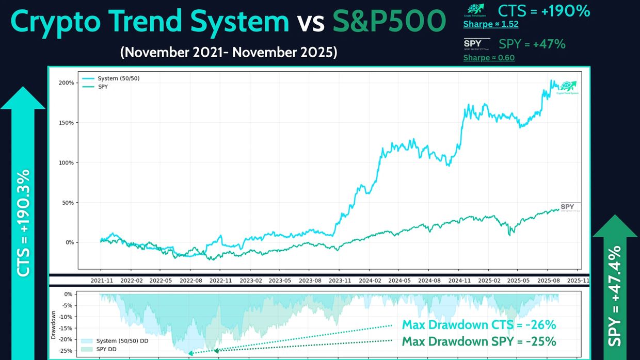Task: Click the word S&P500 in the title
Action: (389, 22)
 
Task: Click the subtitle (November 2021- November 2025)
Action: (228, 52)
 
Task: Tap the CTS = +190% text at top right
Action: (543, 11)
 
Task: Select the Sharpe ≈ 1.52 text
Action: (490, 24)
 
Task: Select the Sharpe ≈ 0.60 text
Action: (489, 58)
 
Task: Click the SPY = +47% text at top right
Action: (532, 44)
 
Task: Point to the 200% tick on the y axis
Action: (66, 83)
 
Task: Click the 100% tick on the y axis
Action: (66, 162)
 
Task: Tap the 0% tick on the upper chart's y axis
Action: (69, 242)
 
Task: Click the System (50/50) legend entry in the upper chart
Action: (118, 78)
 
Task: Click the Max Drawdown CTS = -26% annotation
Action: (478, 325)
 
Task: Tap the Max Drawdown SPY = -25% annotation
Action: (478, 341)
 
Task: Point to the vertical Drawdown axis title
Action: (54, 324)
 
